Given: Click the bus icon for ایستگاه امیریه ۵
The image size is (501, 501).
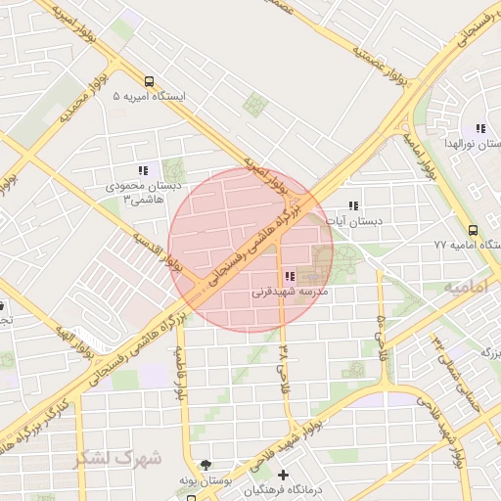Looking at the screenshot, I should click(148, 82).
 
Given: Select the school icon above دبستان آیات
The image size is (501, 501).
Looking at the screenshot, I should click(353, 205).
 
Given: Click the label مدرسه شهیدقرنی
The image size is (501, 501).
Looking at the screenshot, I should click(290, 292).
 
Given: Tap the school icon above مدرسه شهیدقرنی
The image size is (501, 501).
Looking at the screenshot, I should click(290, 276).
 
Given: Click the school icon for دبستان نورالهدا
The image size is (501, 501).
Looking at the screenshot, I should click(479, 128).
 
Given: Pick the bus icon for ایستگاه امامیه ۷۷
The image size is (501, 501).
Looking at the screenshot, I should click(473, 229).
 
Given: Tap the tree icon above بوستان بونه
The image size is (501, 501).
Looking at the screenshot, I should click(205, 465).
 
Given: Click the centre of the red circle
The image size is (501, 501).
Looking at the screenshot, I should click(250, 250).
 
